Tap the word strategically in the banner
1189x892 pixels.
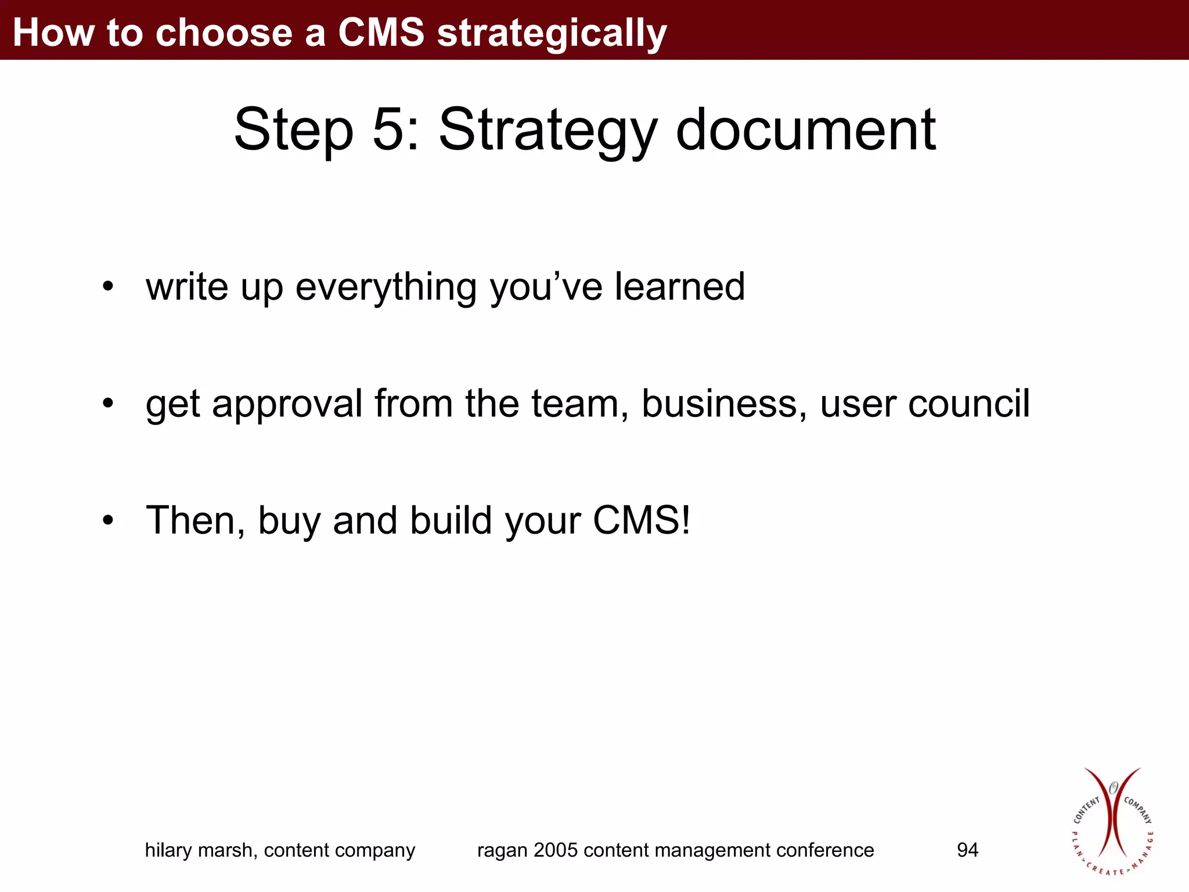[552, 34]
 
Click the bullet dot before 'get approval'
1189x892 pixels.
[107, 403]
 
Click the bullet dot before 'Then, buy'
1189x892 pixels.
[107, 520]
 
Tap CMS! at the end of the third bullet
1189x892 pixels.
[642, 520]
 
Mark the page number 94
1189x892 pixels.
[967, 850]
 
